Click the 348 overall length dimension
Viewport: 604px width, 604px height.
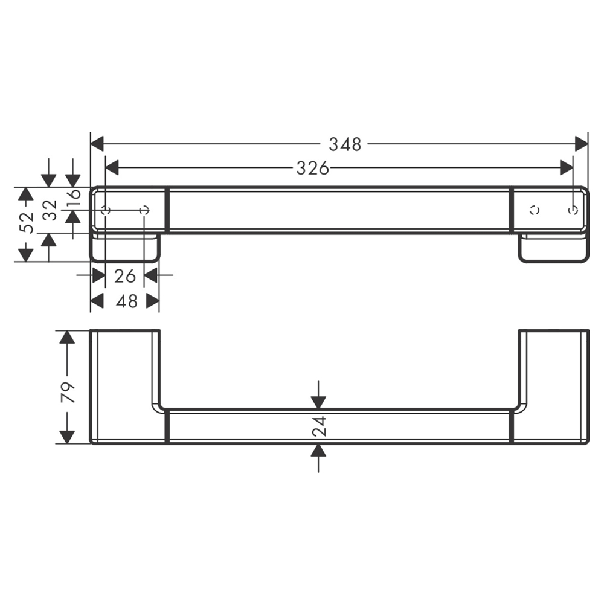coord(345,144)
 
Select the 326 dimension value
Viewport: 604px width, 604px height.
coord(313,168)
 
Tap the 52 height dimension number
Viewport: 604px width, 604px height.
coord(27,222)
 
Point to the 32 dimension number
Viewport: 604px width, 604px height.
coord(50,210)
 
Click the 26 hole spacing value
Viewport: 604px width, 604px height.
coord(125,276)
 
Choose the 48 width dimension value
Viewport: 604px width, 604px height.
coord(127,301)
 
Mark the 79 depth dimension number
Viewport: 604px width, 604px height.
coord(69,393)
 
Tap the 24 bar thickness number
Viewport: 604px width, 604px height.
coord(320,426)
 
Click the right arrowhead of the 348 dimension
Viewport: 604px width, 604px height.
coord(581,144)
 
